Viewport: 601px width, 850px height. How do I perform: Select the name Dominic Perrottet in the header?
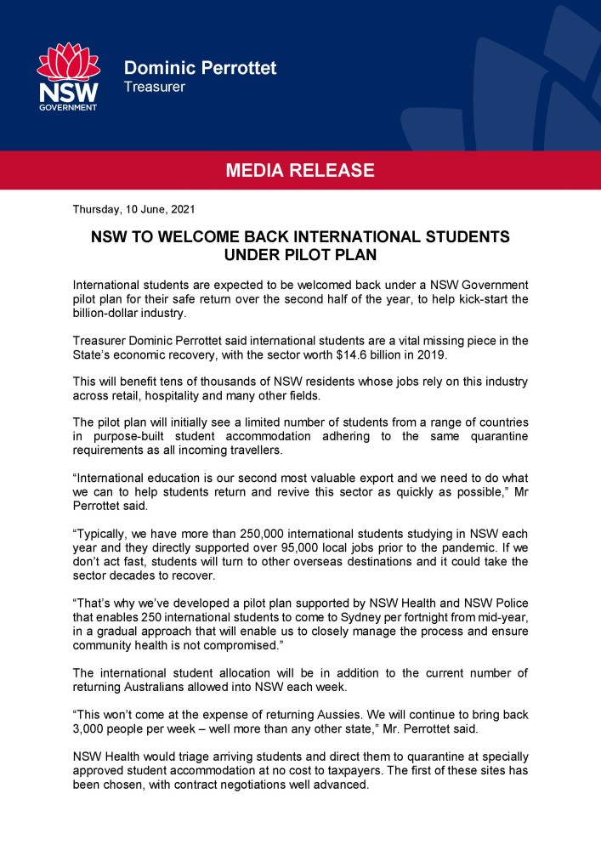tap(200, 68)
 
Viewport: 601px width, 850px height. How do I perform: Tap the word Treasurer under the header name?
tap(154, 87)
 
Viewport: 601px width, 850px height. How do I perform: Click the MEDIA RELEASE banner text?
tap(300, 170)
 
